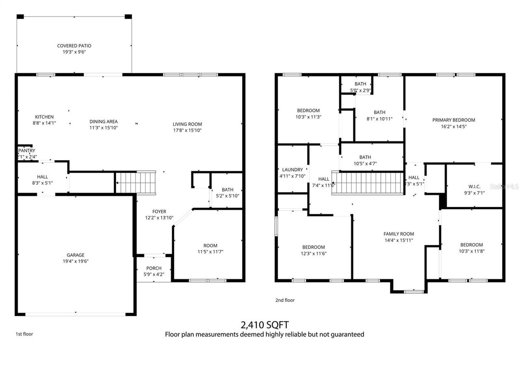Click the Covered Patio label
tap(74, 46)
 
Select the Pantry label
tap(26, 151)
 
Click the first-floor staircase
tap(136, 182)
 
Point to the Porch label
tap(154, 268)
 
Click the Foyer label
tap(159, 211)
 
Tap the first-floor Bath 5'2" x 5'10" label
tap(227, 190)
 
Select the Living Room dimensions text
tap(187, 130)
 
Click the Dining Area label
tap(104, 121)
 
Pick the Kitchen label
tap(44, 117)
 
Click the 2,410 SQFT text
tap(264, 325)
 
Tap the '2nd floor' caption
tap(285, 300)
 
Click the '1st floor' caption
tap(24, 334)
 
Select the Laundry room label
tap(292, 169)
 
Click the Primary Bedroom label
tap(453, 120)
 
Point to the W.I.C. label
tap(474, 187)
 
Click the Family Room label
tap(399, 234)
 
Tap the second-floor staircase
tap(368, 183)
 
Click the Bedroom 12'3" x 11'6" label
tap(313, 247)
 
